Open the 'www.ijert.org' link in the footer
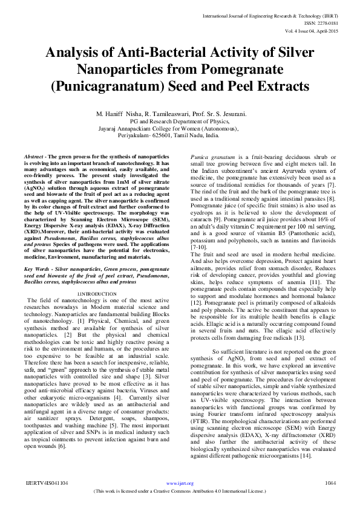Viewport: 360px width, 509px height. click(x=180, y=484)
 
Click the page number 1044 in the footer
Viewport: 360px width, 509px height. click(x=330, y=484)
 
